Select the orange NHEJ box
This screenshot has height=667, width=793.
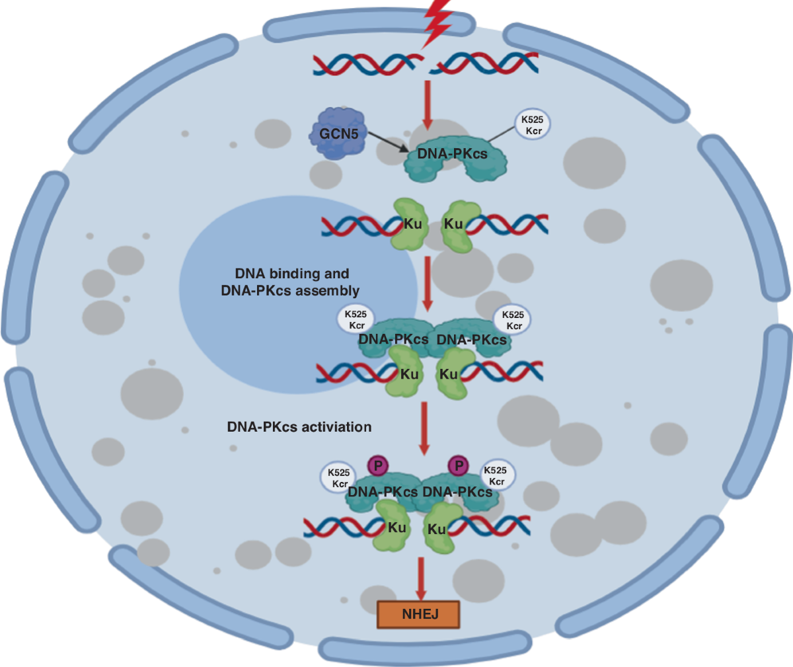pyautogui.click(x=418, y=614)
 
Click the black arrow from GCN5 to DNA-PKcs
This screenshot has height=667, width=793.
pyautogui.click(x=389, y=141)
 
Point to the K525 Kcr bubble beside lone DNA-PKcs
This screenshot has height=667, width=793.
pyautogui.click(x=532, y=125)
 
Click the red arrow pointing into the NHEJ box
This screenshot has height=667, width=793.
pyautogui.click(x=419, y=578)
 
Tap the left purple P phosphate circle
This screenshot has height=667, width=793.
pyautogui.click(x=378, y=465)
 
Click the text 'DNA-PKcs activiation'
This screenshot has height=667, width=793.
pyautogui.click(x=299, y=427)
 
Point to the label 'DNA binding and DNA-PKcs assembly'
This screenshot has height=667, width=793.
pyautogui.click(x=291, y=282)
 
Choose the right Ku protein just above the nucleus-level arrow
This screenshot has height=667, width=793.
pyautogui.click(x=456, y=225)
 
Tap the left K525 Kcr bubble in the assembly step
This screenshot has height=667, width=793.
pyautogui.click(x=356, y=320)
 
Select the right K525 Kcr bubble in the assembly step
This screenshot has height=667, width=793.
pyautogui.click(x=513, y=320)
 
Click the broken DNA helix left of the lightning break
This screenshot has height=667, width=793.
pyautogui.click(x=367, y=64)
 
